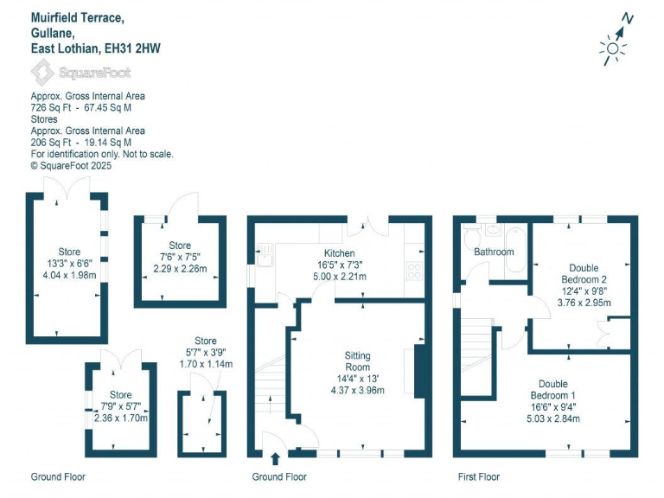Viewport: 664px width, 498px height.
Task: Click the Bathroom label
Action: [x=494, y=252]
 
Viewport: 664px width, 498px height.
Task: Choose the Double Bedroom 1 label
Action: [x=553, y=389]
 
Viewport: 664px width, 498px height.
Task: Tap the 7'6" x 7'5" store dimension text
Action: [x=180, y=258]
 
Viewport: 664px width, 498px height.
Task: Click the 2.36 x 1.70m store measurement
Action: [x=121, y=418]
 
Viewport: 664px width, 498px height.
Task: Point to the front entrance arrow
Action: [x=276, y=459]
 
